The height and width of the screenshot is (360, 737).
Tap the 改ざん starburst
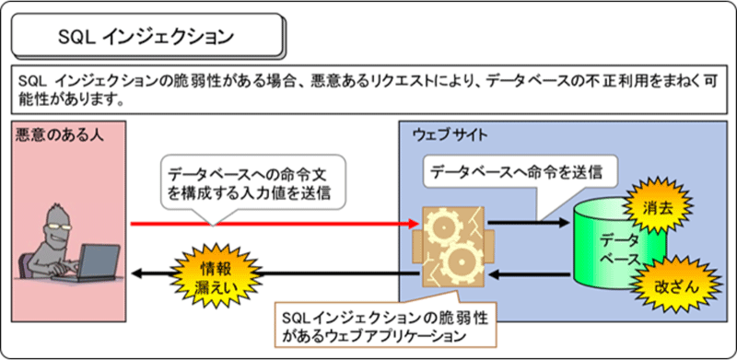tap(662, 286)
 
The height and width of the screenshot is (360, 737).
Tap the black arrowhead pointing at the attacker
tap(137, 273)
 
